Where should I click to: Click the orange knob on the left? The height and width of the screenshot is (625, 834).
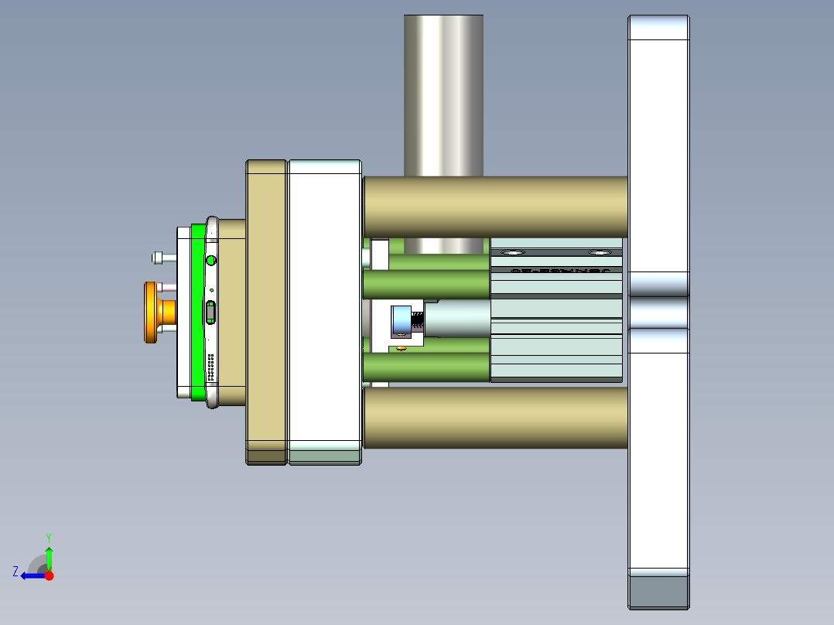click(x=150, y=312)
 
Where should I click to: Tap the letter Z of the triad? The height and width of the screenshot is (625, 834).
click(x=15, y=572)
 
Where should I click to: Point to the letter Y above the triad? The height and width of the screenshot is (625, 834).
click(x=48, y=537)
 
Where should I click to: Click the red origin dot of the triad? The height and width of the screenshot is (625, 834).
click(x=50, y=575)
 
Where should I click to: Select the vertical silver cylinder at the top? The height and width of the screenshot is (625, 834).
click(x=443, y=93)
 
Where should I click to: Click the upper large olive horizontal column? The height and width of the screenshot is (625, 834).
click(x=495, y=207)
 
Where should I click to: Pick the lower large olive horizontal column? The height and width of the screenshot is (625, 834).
click(x=495, y=418)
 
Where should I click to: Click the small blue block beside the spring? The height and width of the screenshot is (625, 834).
click(x=401, y=321)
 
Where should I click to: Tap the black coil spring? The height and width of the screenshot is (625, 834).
click(x=418, y=320)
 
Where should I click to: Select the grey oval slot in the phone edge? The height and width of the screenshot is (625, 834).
click(x=211, y=312)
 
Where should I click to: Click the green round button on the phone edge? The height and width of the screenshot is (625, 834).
click(x=211, y=261)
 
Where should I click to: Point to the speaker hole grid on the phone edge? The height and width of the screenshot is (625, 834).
click(x=210, y=367)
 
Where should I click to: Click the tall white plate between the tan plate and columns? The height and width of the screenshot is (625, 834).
click(x=324, y=309)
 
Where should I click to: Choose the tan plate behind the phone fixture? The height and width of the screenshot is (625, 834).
click(x=267, y=309)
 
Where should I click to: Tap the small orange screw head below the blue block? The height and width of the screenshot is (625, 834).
click(x=401, y=349)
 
